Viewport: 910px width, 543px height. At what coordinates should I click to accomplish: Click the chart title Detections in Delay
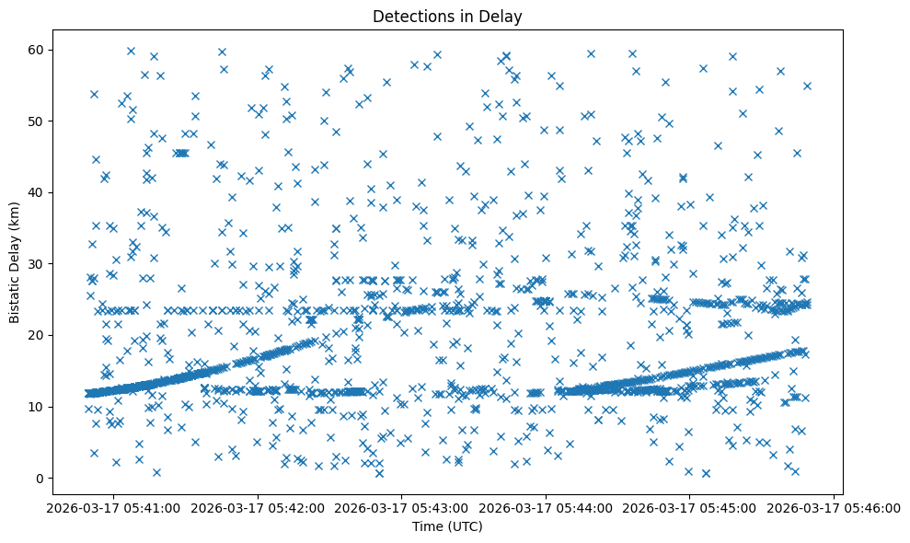point(446,16)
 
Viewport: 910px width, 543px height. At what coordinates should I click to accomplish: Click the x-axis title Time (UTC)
point(446,527)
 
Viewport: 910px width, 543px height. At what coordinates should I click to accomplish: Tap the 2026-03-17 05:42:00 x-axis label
point(257,507)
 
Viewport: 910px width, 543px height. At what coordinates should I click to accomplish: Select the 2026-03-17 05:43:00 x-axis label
point(401,507)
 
